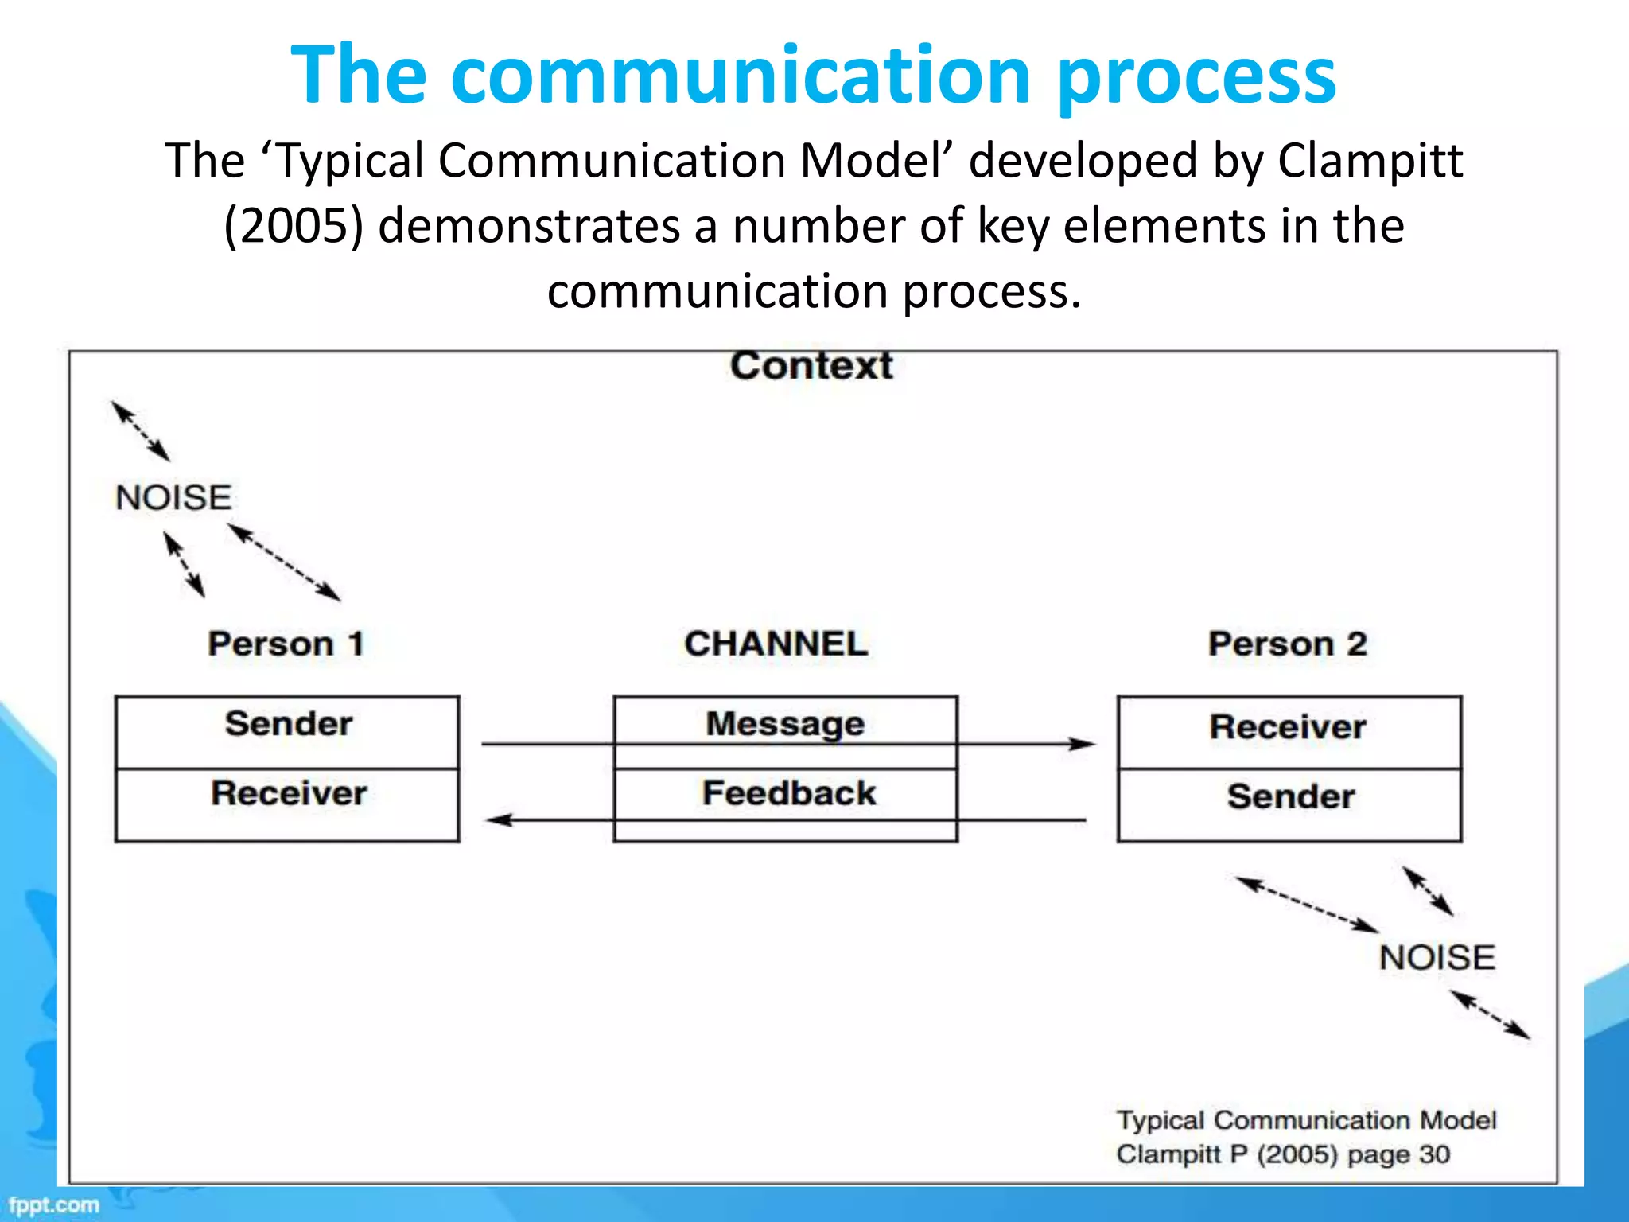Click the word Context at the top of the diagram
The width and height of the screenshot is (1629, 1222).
[811, 366]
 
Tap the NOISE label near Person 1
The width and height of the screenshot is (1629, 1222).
[173, 498]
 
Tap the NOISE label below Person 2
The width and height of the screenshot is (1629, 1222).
[1437, 957]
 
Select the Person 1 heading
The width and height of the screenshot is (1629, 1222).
[286, 644]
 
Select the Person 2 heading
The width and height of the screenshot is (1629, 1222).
[1287, 644]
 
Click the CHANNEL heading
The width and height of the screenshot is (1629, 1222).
[776, 644]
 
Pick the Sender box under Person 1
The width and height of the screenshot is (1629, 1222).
[287, 731]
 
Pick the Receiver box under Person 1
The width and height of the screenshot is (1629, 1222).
[287, 804]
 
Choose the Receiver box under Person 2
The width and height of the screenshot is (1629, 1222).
[1289, 731]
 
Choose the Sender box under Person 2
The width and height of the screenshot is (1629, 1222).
[1289, 804]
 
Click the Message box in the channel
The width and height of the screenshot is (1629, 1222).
[785, 722]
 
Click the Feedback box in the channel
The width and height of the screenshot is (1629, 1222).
[787, 794]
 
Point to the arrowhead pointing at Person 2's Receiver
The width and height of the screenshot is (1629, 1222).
[1083, 744]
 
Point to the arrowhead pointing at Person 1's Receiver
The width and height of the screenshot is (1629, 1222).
[499, 819]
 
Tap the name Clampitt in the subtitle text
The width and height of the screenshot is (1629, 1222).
[1370, 161]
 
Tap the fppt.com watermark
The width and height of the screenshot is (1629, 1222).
[54, 1205]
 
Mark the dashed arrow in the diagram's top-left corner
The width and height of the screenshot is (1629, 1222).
[141, 431]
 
